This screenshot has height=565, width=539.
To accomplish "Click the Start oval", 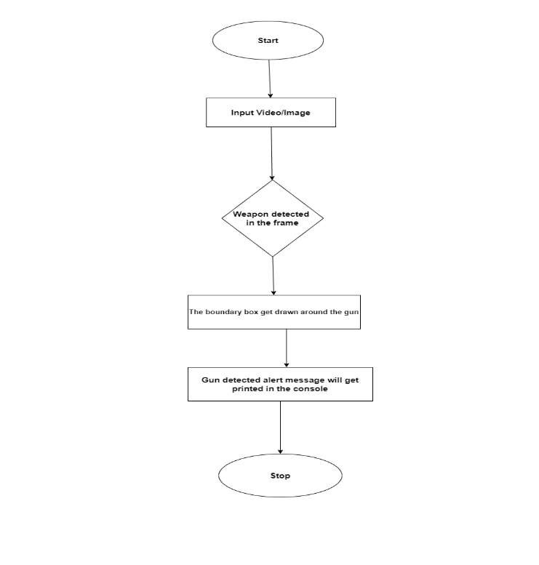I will click(x=268, y=40).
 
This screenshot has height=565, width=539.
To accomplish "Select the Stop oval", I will click(x=280, y=476).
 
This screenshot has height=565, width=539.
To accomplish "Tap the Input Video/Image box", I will click(x=271, y=113).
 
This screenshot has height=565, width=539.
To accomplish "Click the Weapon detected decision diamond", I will click(x=272, y=218).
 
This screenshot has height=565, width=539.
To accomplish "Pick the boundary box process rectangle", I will click(x=274, y=312).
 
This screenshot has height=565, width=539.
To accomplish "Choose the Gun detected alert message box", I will click(x=280, y=384).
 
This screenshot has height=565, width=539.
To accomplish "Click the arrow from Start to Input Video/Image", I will click(x=270, y=79).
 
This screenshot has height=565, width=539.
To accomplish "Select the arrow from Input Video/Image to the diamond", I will click(x=271, y=153).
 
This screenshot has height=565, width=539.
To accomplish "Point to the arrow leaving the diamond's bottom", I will click(x=273, y=276).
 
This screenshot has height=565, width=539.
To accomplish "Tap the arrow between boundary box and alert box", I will click(x=287, y=348).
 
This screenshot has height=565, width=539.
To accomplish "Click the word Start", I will click(x=268, y=41).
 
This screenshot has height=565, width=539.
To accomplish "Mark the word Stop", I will click(x=280, y=476).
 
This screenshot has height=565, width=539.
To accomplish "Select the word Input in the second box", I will click(x=243, y=113).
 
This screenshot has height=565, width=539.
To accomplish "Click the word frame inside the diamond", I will click(x=286, y=223).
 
